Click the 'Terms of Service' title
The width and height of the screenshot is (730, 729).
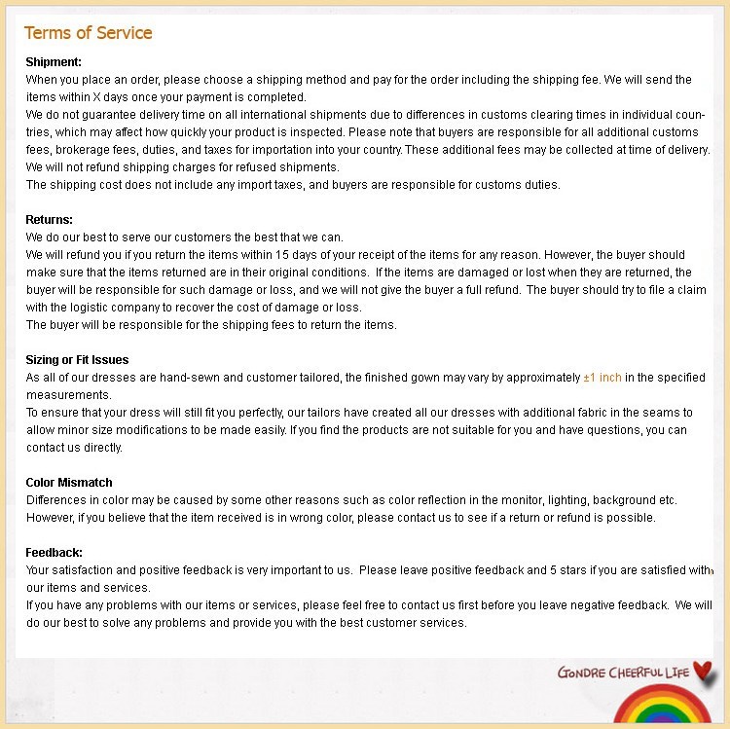(88, 33)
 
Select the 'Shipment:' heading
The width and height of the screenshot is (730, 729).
(54, 62)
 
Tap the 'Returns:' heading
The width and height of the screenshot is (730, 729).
(50, 220)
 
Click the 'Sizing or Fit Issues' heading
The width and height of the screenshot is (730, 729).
(77, 360)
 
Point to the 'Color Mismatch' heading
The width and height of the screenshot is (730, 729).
(69, 483)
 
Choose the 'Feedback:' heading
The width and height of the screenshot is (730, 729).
(55, 553)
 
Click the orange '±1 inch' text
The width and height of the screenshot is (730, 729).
(602, 378)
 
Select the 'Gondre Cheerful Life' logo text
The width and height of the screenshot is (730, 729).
(623, 673)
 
